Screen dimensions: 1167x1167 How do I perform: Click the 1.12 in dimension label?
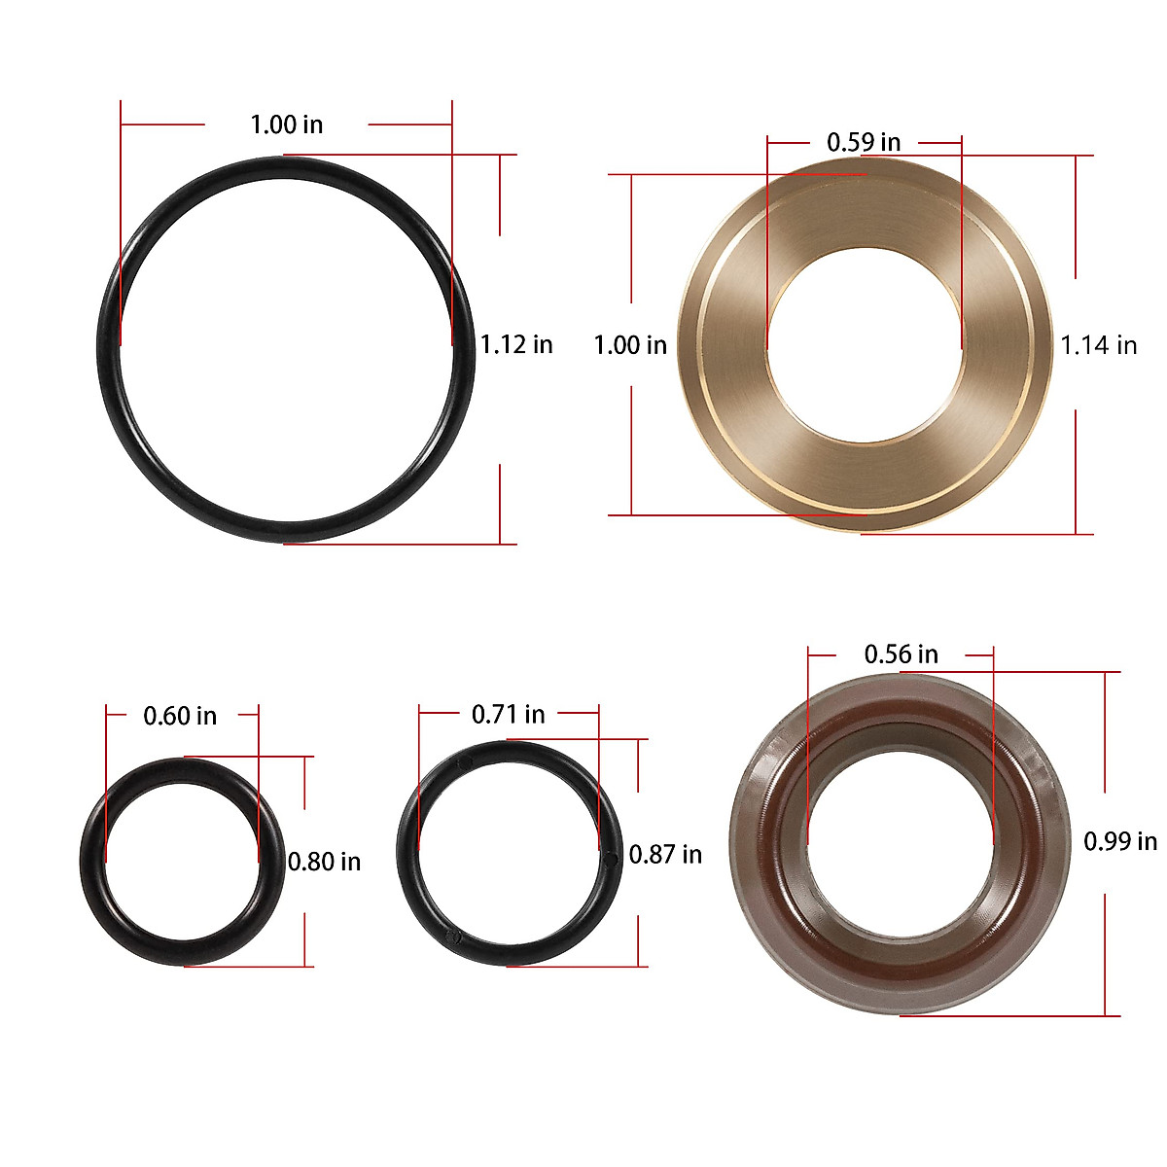coord(516,344)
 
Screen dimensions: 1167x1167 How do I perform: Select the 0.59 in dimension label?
coord(864,142)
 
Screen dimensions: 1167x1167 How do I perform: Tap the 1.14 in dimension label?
coord(1098,345)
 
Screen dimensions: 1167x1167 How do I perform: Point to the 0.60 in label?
coord(180,716)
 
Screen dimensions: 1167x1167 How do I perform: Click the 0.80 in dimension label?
coord(324,862)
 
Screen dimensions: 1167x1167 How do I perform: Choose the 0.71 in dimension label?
coord(508,714)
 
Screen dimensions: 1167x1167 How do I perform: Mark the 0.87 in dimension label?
coord(665,855)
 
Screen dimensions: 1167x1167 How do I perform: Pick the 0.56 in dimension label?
coord(901,654)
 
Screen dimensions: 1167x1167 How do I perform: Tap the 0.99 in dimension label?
coord(1120,841)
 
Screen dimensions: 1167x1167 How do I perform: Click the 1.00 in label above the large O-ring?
coord(286,124)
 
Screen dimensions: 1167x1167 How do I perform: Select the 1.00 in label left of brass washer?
coord(630,345)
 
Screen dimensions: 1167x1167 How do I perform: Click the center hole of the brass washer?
coord(865,345)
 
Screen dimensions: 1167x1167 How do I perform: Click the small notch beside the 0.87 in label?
coord(610,858)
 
